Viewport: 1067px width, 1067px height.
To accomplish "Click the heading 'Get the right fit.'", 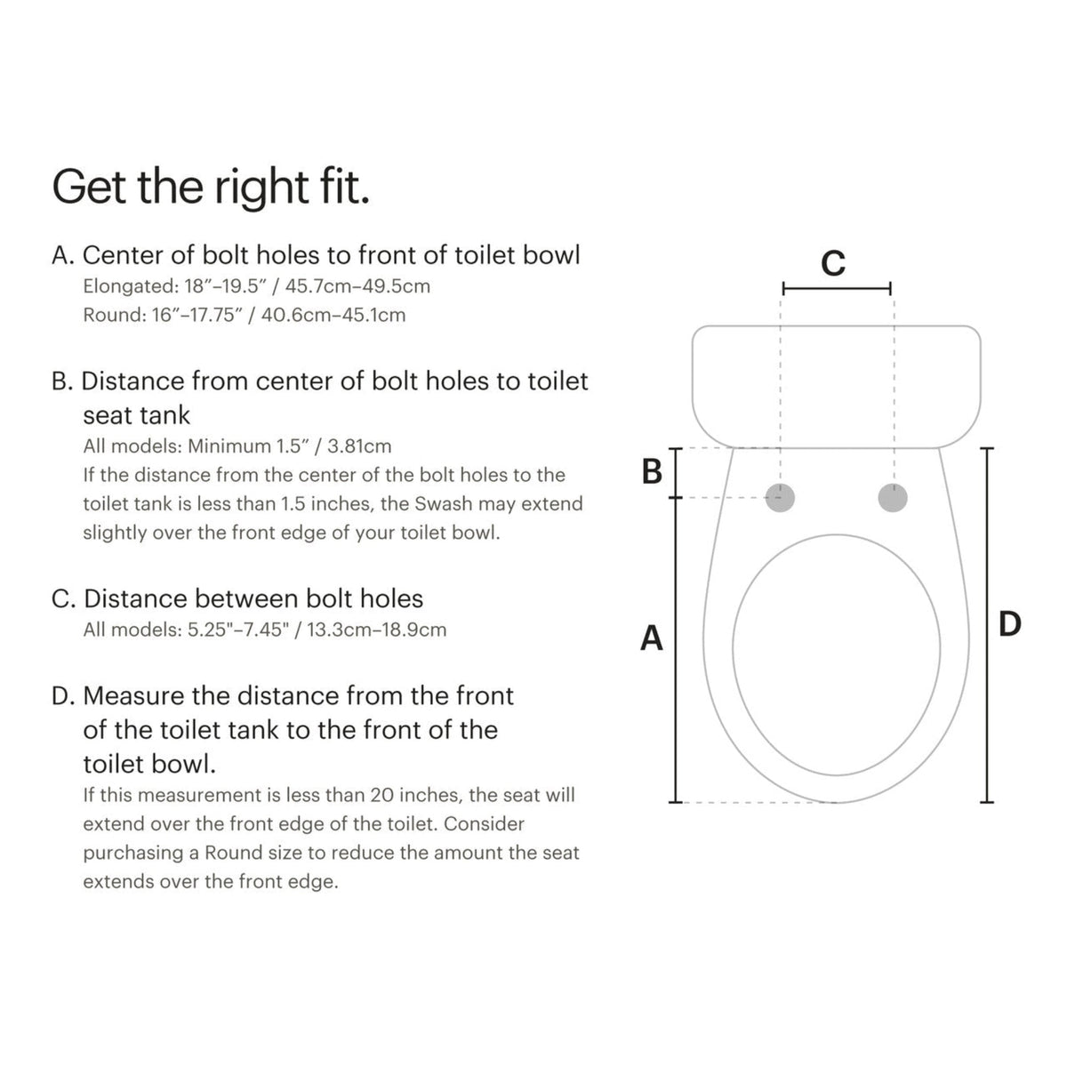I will (x=211, y=186).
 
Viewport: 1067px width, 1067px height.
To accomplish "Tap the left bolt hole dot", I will (x=781, y=498).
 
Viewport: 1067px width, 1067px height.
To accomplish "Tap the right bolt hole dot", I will (x=893, y=498).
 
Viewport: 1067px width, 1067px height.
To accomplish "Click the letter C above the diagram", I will (x=833, y=263).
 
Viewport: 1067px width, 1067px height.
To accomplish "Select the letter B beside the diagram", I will (x=652, y=472).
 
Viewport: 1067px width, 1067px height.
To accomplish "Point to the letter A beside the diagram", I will (x=652, y=638).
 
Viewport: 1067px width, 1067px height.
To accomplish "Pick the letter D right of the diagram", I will (x=1009, y=624).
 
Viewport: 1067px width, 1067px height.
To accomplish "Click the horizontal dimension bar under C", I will (x=836, y=288).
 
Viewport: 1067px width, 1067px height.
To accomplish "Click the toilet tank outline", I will (x=836, y=387).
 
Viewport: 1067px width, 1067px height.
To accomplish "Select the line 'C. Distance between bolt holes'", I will (x=237, y=598).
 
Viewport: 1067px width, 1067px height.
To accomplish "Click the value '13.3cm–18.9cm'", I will (x=377, y=630).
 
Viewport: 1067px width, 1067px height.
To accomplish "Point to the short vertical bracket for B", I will (x=675, y=473).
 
